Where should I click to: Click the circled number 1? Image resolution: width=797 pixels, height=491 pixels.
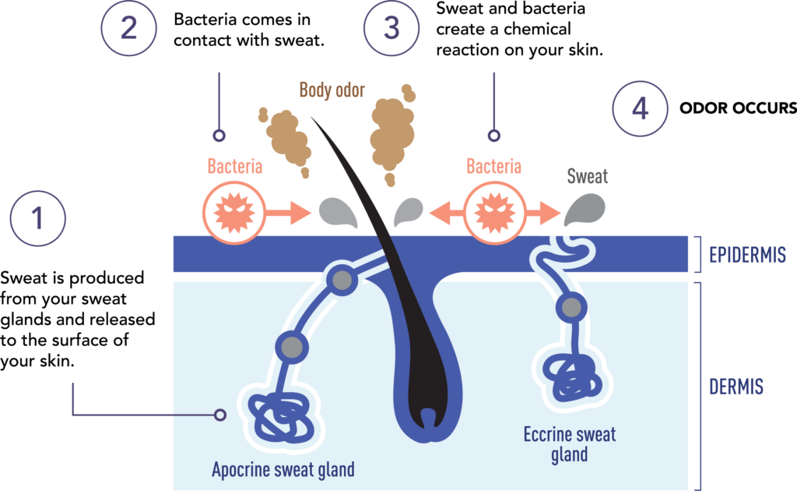pos(37,218)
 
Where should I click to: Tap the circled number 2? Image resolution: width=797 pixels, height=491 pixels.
pos(128,27)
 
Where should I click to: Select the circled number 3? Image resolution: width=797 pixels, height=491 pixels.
pos(391,27)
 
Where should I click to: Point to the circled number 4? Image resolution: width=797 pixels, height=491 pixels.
pos(640,108)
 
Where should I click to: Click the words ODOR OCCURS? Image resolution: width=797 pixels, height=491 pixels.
pos(738,108)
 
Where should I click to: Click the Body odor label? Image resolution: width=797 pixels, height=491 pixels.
pos(332,90)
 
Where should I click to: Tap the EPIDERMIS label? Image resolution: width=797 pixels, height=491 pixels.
pos(747,254)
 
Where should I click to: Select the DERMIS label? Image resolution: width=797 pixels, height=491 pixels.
pos(736,387)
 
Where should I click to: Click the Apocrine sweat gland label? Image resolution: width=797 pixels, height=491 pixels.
pos(283,469)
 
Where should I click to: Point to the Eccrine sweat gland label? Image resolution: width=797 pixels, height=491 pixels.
pos(569,444)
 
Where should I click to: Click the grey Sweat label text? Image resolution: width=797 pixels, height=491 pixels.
pos(587,176)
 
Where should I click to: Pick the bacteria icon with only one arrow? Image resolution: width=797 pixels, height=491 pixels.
pos(233,213)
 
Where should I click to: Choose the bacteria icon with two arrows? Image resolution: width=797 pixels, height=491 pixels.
pos(494,213)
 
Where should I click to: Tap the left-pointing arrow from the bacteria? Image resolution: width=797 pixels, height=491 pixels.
pos(447,213)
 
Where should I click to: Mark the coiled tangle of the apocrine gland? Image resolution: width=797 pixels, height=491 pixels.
pos(281,418)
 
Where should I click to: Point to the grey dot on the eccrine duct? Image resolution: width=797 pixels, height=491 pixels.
pos(571,307)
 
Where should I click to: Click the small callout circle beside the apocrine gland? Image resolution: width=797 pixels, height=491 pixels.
pos(220,415)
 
